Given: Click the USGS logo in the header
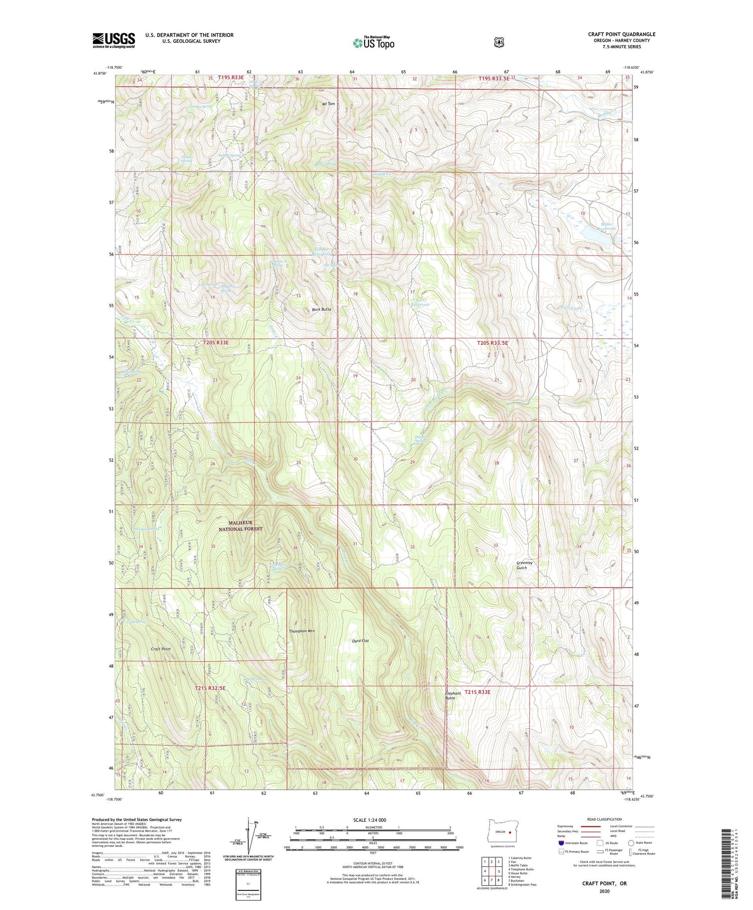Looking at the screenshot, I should click(113, 40).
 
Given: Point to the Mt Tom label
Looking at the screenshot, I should click(328, 104).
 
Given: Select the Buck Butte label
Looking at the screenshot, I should click(321, 310).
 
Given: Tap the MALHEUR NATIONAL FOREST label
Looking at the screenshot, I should click(241, 526).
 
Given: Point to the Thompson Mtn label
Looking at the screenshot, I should click(302, 631).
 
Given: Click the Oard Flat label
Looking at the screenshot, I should click(360, 641).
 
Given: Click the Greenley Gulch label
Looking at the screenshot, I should click(525, 565).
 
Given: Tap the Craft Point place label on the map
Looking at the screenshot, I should click(161, 649).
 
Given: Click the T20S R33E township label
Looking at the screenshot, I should click(216, 342).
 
